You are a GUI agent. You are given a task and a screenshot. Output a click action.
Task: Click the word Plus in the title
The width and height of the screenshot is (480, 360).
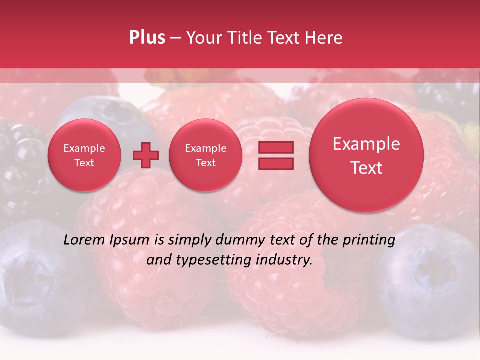[x=147, y=38]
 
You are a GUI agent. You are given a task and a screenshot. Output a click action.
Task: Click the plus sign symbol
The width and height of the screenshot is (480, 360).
[x=145, y=155]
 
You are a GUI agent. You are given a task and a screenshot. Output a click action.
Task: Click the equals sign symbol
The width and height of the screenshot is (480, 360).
[x=275, y=155]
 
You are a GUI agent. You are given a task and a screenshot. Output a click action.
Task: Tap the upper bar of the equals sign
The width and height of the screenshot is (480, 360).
[x=275, y=148]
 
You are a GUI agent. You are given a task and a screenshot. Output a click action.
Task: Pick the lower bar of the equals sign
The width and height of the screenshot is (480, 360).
[x=275, y=163]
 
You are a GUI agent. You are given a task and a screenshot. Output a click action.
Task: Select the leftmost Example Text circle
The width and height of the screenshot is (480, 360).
[x=84, y=155]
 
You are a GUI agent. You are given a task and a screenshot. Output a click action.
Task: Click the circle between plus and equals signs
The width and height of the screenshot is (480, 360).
[x=205, y=155]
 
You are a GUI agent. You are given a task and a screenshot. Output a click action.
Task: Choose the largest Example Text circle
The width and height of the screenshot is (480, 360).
[x=366, y=155]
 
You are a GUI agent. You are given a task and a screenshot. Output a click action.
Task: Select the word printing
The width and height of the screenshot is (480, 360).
[x=369, y=240]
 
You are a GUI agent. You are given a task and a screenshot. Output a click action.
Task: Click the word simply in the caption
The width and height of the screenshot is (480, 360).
[x=190, y=240]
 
